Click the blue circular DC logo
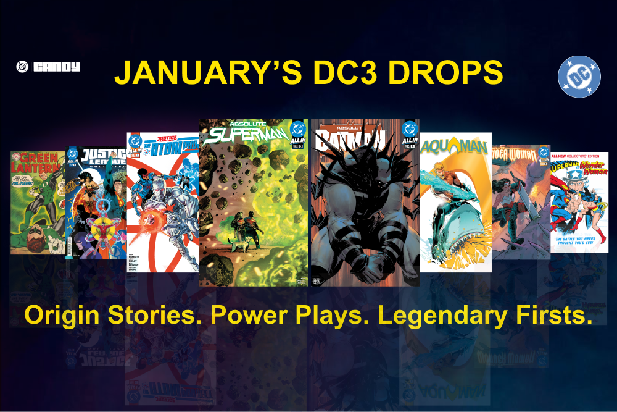click(579, 77)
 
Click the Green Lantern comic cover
click(37, 204)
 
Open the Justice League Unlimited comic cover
click(96, 204)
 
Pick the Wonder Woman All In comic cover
click(521, 204)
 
